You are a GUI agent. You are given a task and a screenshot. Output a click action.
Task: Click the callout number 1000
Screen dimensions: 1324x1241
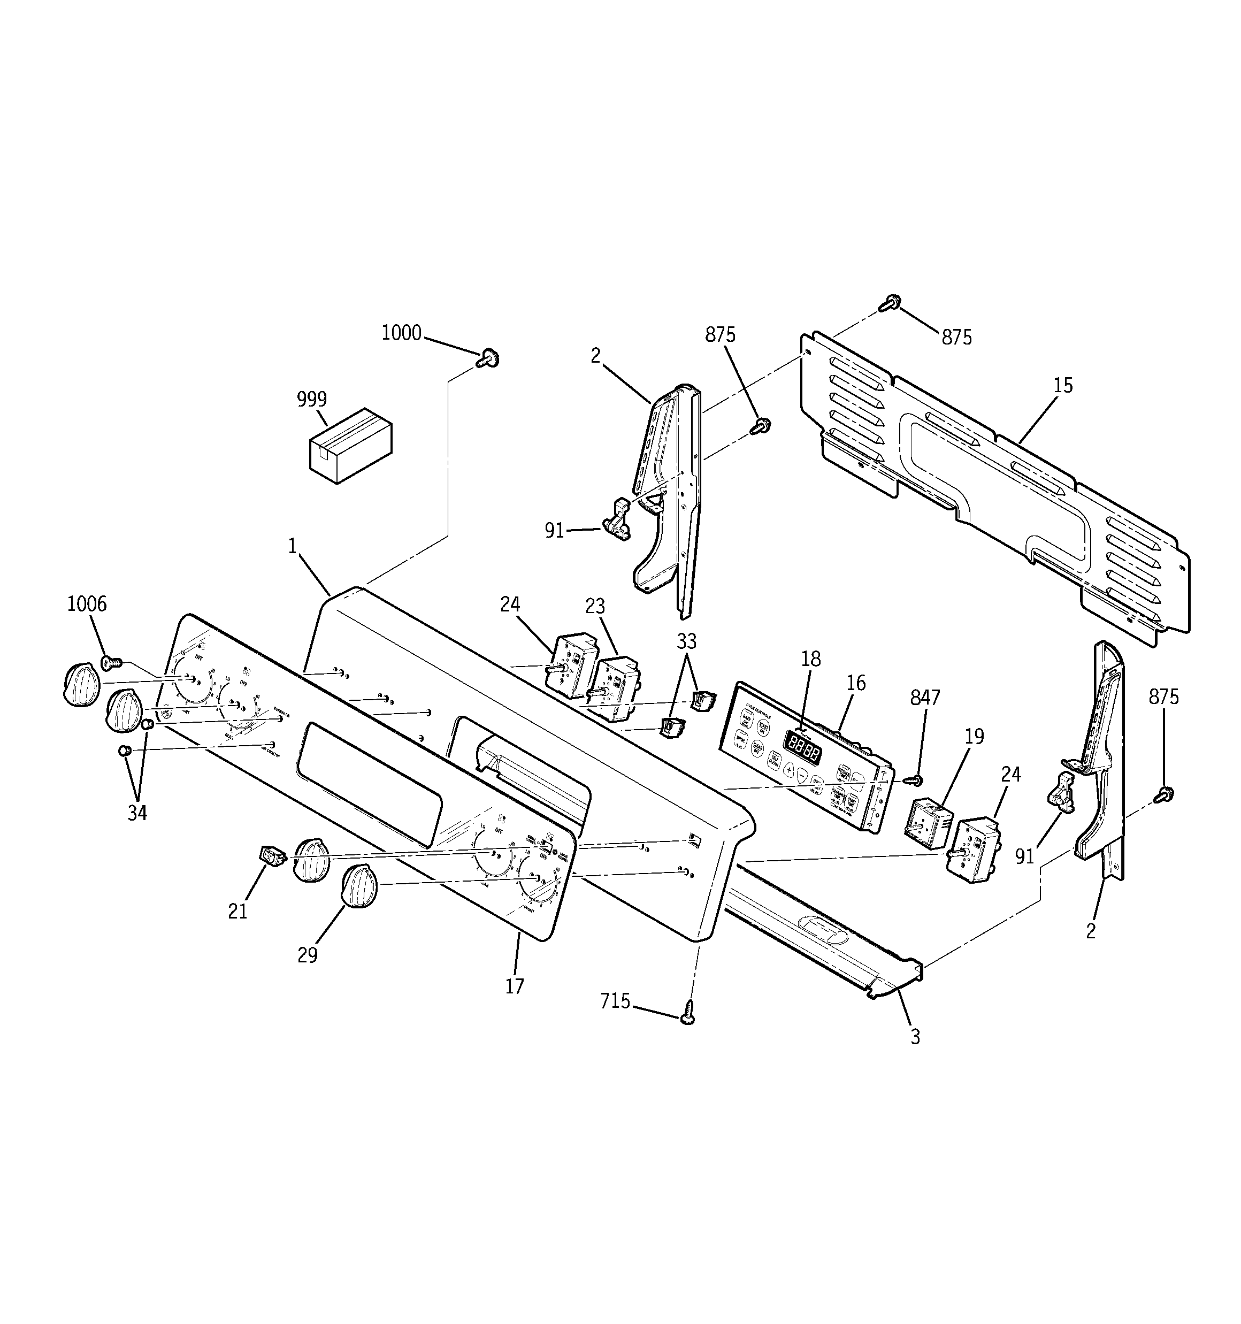point(401,333)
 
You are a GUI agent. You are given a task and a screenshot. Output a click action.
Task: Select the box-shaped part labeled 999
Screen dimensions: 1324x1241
point(350,446)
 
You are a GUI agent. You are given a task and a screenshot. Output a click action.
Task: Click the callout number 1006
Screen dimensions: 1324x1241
point(87,604)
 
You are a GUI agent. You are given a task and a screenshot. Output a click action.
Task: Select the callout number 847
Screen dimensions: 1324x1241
point(925,697)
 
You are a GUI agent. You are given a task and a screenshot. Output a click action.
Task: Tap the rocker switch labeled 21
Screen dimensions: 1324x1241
point(272,854)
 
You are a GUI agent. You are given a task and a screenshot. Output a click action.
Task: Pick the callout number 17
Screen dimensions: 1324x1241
point(514,986)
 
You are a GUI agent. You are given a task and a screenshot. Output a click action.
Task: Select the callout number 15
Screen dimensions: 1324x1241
point(1063,385)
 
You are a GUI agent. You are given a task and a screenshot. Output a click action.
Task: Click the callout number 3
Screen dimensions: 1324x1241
point(915,1037)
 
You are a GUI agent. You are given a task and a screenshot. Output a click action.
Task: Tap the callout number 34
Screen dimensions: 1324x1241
point(137,813)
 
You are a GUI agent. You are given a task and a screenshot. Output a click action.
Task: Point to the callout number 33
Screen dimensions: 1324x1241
point(686,641)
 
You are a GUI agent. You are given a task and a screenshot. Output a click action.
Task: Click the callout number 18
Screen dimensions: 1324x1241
point(811,659)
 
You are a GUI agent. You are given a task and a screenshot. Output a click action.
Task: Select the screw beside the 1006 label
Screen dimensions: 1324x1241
point(112,662)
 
